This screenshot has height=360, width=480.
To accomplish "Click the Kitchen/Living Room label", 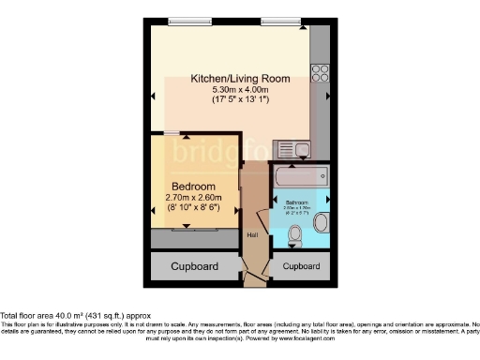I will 240,79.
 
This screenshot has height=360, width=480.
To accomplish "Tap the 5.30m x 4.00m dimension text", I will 240,90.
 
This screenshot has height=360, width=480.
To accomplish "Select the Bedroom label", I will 193,187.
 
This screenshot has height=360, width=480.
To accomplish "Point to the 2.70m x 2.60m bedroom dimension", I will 193,198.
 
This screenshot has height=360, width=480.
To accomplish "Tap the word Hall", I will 251,234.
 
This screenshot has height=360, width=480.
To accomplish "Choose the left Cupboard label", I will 194,267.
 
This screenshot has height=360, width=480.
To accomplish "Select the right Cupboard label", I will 301,267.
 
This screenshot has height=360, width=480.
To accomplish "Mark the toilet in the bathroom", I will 295,234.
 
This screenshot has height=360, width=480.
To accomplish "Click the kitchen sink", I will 302,147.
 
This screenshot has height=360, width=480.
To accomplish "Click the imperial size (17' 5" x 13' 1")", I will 240,101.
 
